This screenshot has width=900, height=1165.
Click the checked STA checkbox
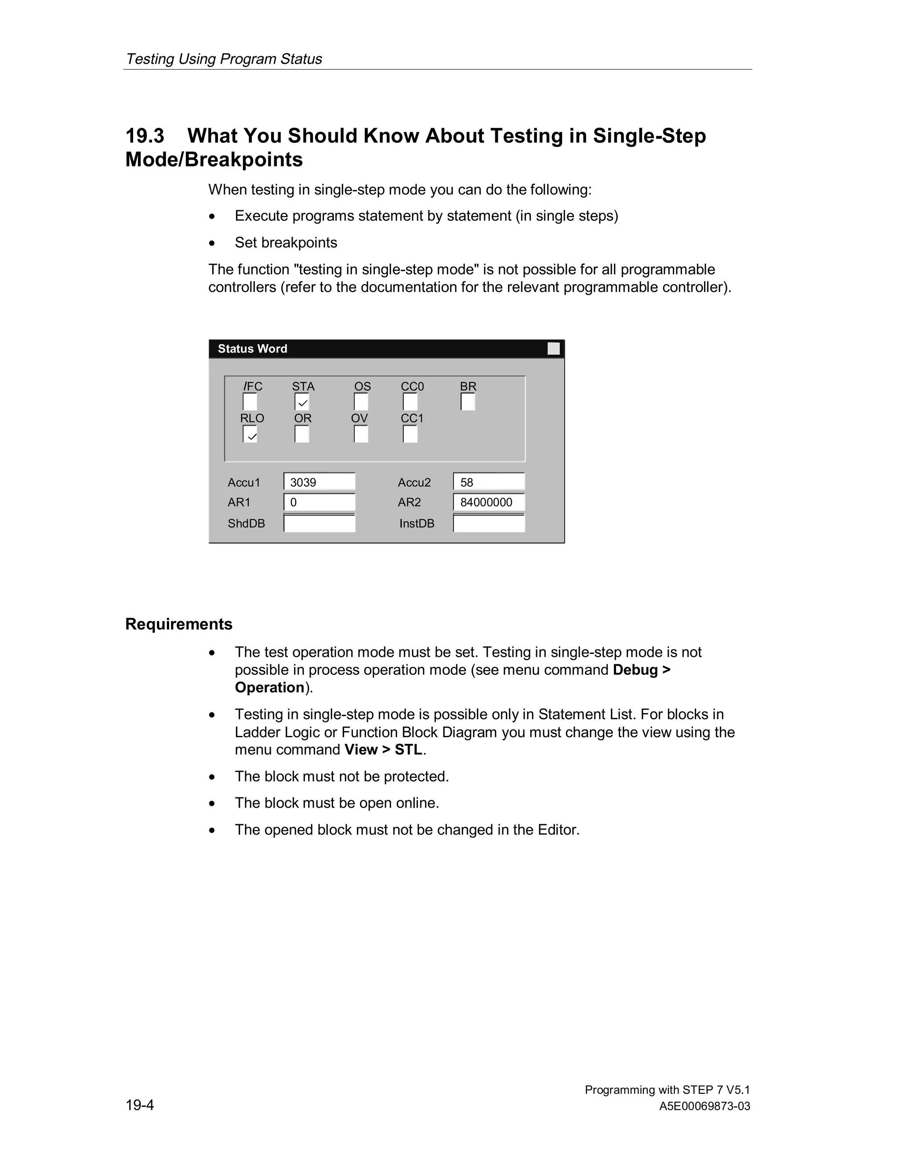(x=302, y=402)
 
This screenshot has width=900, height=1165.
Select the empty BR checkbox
(x=468, y=402)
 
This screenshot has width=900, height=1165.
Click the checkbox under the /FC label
(x=250, y=402)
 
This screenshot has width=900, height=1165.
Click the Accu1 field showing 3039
(x=319, y=482)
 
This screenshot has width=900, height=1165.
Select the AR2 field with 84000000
(x=489, y=502)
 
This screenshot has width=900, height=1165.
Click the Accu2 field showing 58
(x=489, y=482)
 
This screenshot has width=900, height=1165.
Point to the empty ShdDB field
(x=319, y=523)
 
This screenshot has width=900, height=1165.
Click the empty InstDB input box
(x=489, y=523)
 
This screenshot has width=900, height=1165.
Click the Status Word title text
(x=252, y=349)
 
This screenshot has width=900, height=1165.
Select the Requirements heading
(x=178, y=624)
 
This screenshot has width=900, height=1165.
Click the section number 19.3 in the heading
(x=145, y=136)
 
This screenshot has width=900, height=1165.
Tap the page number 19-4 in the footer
(x=140, y=1105)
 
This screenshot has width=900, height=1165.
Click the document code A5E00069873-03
(x=704, y=1107)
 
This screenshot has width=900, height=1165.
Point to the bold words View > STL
(x=383, y=750)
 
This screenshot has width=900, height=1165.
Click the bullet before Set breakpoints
(x=212, y=243)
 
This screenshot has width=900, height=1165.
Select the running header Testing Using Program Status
(x=224, y=58)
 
